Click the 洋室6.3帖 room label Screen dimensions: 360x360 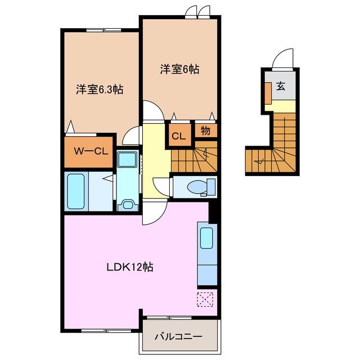(x=100, y=89)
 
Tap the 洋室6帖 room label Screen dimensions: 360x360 (x=179, y=69)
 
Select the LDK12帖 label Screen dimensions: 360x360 (x=130, y=267)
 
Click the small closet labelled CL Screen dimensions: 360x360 (x=178, y=136)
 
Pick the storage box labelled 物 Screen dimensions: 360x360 (x=205, y=130)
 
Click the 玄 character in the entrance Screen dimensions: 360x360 (x=281, y=87)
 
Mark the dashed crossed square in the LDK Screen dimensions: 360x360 (x=205, y=300)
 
